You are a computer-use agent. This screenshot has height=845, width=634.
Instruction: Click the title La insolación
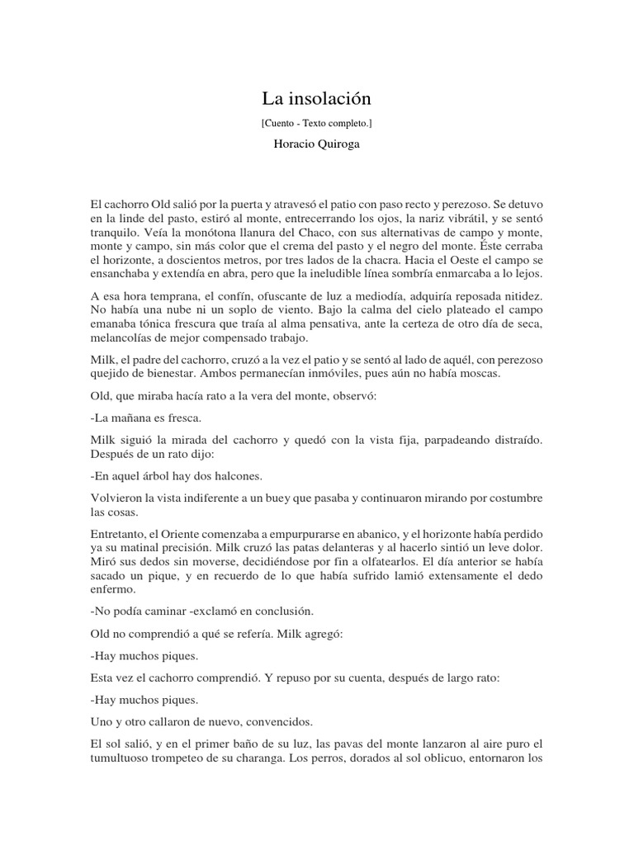[317, 99]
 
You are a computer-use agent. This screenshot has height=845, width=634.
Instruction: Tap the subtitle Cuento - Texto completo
[317, 123]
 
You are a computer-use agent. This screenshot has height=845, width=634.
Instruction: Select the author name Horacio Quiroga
[317, 144]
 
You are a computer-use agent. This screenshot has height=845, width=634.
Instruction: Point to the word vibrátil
[464, 217]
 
